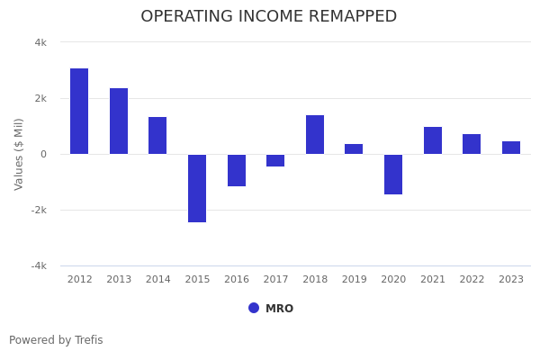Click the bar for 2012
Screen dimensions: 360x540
pos(79,111)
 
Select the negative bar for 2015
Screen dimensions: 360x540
pos(197,188)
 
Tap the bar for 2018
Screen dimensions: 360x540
pos(315,134)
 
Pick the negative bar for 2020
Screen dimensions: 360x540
pos(393,174)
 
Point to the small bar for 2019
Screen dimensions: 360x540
pos(354,148)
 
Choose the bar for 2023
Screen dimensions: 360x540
pos(511,148)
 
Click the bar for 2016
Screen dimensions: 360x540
pos(237,170)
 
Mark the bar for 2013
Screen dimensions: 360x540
pos(119,121)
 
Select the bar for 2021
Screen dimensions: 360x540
pos(433,140)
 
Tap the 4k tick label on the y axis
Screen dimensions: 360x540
pos(40,42)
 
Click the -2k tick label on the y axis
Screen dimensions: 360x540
pos(39,210)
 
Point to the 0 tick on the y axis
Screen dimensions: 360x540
pos(43,154)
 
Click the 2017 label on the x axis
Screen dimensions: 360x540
pos(275,280)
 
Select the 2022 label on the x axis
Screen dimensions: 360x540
pos(472,280)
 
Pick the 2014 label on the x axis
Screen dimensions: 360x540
pos(158,280)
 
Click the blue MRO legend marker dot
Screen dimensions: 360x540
pos(254,308)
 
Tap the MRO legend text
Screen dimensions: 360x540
pos(279,309)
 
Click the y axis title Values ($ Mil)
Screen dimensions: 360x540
pos(19,154)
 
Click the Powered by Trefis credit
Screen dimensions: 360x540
pos(56,340)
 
